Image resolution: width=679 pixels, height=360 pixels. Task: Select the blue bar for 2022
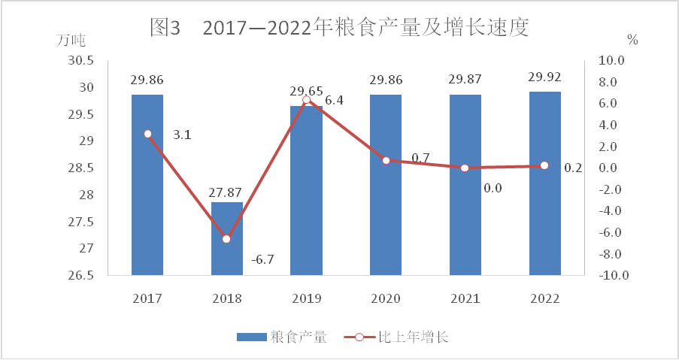tap(545, 183)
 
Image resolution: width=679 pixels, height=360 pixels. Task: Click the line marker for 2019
tap(306, 100)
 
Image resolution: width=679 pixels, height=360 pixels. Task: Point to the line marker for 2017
tap(147, 134)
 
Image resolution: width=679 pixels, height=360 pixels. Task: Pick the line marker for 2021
tap(465, 168)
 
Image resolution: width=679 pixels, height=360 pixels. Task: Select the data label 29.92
tap(545, 77)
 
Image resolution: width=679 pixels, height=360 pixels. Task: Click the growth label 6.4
tap(335, 100)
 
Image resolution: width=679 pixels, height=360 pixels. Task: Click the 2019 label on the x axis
tap(306, 298)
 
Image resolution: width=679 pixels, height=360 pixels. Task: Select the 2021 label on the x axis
tap(465, 298)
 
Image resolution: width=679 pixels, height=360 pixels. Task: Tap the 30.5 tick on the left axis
tap(79, 61)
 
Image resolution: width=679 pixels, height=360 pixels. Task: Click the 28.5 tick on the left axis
tap(79, 168)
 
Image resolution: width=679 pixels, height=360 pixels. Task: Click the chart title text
tap(340, 29)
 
